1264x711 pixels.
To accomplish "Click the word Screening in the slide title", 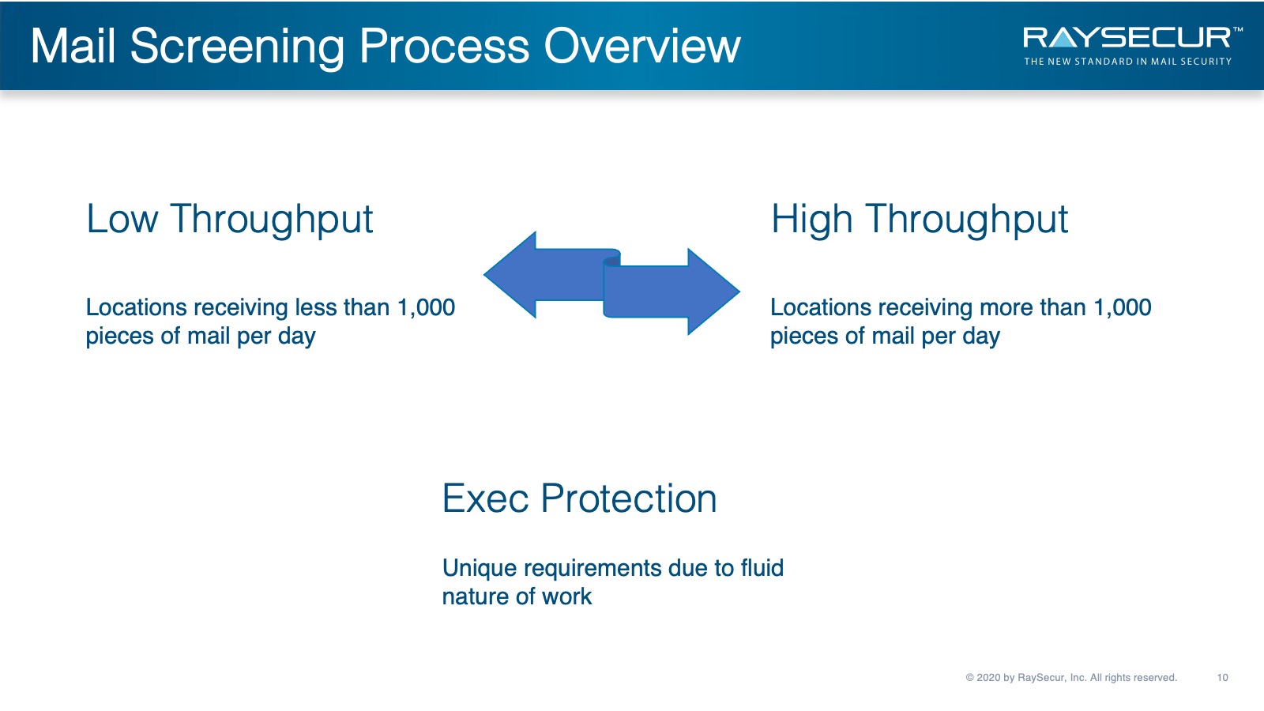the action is (238, 47).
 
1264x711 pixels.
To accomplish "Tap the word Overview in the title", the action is (642, 46).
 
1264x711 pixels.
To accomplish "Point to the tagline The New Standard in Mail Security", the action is (1127, 62).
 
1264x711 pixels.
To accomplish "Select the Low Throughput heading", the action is (229, 220).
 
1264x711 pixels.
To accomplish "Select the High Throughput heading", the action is (920, 220).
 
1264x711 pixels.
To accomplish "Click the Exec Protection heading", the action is (580, 498).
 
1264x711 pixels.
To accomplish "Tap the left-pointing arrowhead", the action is (510, 275).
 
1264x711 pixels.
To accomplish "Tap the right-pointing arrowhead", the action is (714, 292).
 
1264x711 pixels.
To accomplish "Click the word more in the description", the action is (1006, 307).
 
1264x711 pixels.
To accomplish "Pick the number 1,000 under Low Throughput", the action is (426, 308).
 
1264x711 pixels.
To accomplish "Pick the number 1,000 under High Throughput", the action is (1123, 308).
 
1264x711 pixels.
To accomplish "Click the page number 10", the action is (1222, 678).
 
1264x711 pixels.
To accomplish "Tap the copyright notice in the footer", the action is (1071, 678).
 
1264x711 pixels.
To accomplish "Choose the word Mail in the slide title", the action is (73, 46).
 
